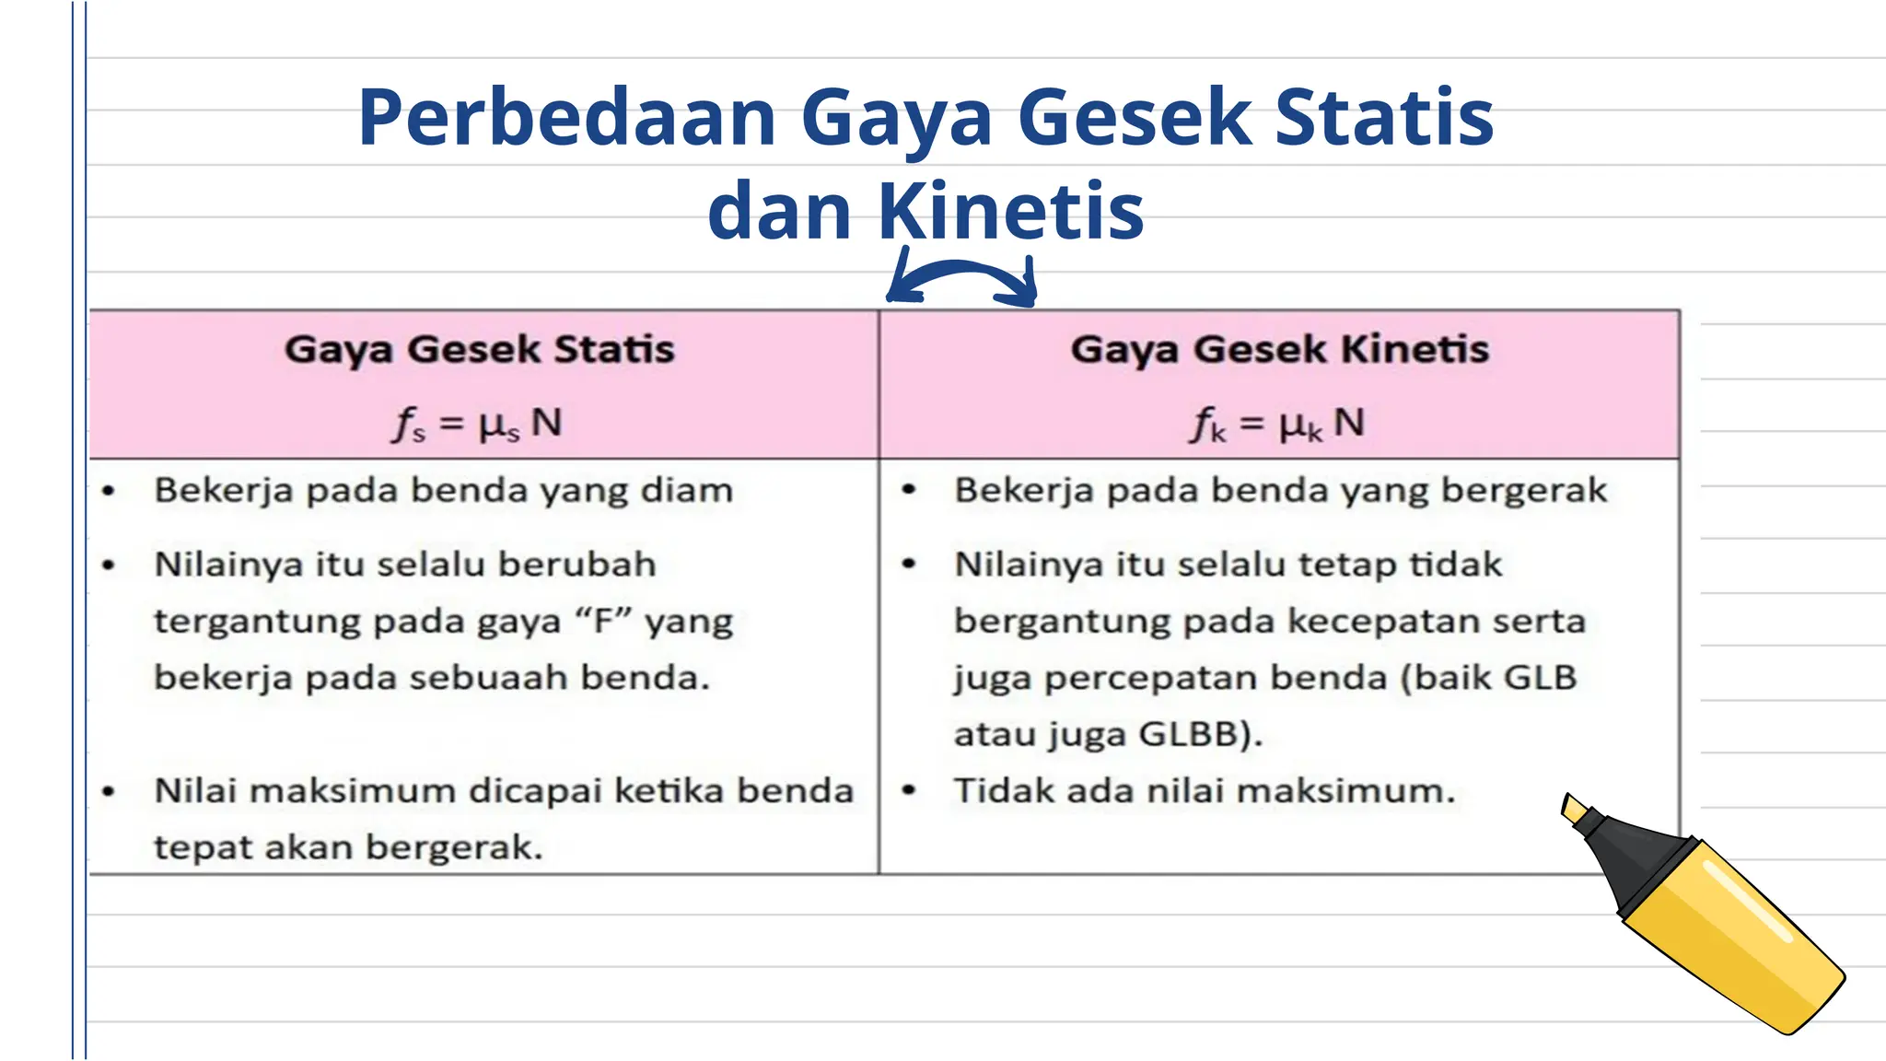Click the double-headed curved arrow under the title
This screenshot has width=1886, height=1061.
(x=961, y=279)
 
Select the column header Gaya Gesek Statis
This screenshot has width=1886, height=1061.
(x=479, y=350)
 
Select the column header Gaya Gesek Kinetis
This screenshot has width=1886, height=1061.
(x=1279, y=350)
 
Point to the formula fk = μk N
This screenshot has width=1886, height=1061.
(x=1278, y=424)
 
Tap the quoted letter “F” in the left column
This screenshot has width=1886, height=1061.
(x=602, y=622)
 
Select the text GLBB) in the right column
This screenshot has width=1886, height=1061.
(x=1199, y=735)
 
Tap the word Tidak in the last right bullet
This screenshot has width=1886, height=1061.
(x=996, y=791)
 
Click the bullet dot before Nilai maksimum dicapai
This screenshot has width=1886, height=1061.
(x=109, y=791)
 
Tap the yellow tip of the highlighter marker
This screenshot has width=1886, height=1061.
(x=1575, y=810)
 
